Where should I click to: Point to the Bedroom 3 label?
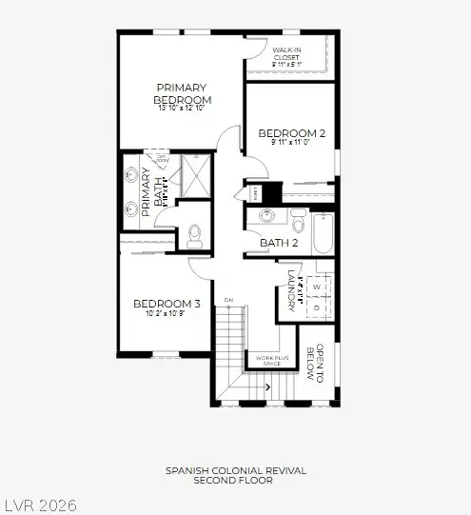pyautogui.click(x=167, y=304)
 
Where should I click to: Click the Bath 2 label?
pyautogui.click(x=279, y=244)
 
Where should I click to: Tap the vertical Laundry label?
pyautogui.click(x=291, y=288)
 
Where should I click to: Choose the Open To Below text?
pyautogui.click(x=314, y=362)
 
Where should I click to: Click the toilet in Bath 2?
pyautogui.click(x=296, y=225)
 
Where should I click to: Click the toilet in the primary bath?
pyautogui.click(x=195, y=232)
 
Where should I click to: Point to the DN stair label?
pyautogui.click(x=228, y=301)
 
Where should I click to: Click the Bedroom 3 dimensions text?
pyautogui.click(x=165, y=313)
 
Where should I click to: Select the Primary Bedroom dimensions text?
pyautogui.click(x=183, y=108)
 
